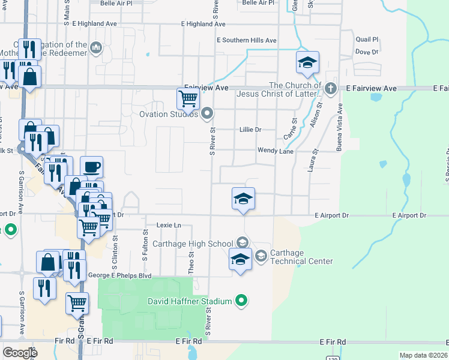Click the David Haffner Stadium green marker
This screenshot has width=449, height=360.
click(241, 300)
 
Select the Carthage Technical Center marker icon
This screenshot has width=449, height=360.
click(261, 256)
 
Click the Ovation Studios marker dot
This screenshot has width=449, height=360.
click(207, 113)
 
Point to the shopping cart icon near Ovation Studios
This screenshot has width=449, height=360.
click(188, 98)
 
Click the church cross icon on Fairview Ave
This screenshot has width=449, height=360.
click(330, 89)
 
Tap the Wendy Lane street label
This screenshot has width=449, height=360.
click(276, 151)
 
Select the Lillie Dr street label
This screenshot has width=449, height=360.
click(250, 129)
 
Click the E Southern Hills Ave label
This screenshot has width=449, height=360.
click(247, 40)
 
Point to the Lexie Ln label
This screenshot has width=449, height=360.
click(169, 224)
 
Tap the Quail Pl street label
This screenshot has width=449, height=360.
click(367, 40)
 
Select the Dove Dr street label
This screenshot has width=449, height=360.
click(366, 52)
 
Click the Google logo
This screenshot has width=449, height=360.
click(20, 353)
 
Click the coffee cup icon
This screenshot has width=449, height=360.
click(91, 167)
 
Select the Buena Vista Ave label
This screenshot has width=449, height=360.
click(340, 129)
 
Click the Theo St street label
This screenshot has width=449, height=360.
click(191, 262)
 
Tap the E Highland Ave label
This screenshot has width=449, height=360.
click(203, 24)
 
